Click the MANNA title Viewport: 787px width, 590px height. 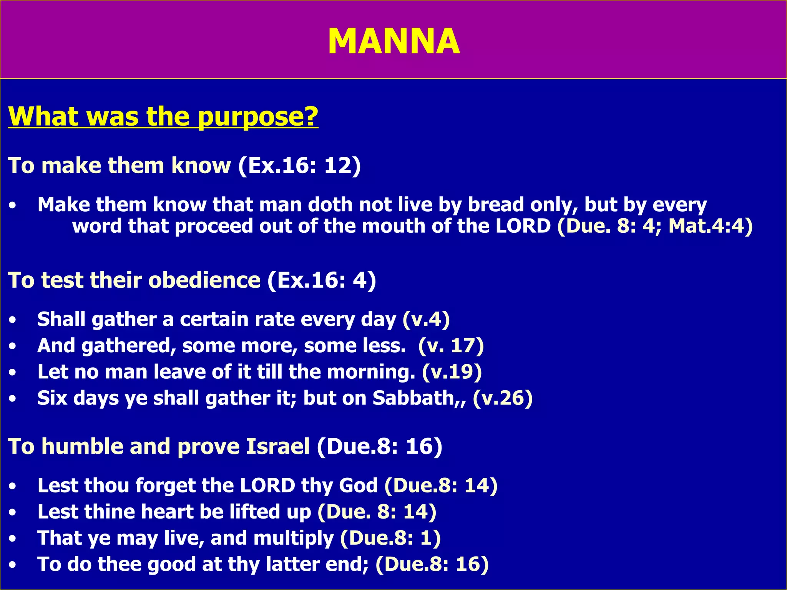click(393, 41)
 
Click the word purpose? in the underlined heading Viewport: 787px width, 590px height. click(258, 116)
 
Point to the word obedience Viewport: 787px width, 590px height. click(204, 280)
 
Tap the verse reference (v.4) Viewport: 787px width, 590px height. click(426, 320)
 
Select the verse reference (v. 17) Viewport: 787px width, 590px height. click(451, 346)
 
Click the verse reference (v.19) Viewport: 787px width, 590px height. click(452, 372)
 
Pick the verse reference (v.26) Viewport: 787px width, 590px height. click(502, 398)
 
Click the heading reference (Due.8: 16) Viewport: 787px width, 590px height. click(379, 446)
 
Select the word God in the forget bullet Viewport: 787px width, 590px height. click(358, 486)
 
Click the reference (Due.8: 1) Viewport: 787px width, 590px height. click(390, 538)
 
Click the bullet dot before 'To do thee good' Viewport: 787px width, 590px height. click(13, 565)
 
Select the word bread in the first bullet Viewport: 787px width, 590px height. click(496, 205)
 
